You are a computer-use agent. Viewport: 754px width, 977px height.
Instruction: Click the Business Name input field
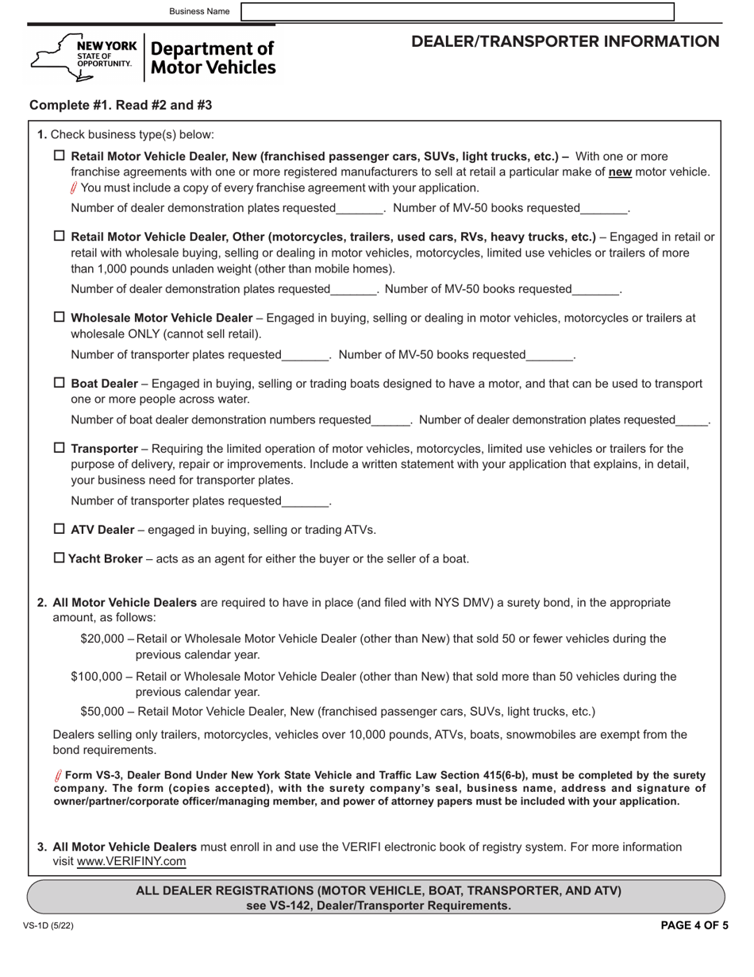457,11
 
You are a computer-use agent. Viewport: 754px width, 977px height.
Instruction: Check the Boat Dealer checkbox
60,383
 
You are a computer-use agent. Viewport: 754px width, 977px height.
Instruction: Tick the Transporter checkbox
60,448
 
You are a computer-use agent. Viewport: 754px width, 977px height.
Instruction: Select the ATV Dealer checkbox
60,529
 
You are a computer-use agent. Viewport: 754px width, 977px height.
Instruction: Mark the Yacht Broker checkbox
60,558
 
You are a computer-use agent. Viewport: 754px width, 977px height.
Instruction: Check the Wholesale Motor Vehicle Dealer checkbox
60,317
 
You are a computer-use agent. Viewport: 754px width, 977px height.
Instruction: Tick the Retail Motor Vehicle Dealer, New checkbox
60,156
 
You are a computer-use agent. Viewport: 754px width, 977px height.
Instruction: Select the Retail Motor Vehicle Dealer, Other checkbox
60,236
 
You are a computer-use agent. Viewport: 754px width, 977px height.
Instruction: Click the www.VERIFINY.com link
131,861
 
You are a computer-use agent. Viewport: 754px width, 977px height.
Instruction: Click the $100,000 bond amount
97,677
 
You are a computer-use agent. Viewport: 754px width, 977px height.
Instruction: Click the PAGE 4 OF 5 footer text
694,925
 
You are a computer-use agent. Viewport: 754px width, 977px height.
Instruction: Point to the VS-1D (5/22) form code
48,925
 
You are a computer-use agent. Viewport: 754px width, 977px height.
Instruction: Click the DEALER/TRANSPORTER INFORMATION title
565,42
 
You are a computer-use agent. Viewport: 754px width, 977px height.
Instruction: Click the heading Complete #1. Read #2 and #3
121,106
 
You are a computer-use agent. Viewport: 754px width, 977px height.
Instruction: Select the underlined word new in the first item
620,172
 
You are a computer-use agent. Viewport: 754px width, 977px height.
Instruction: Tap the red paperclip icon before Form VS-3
58,776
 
